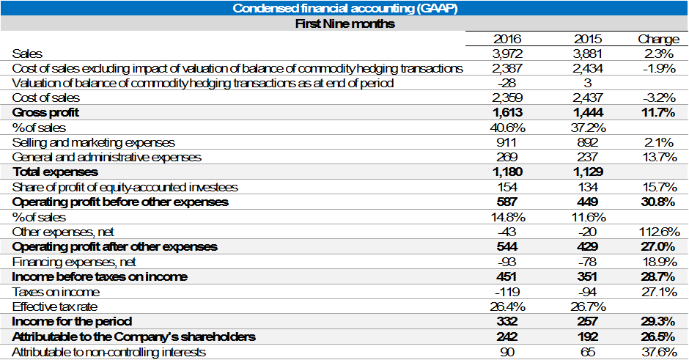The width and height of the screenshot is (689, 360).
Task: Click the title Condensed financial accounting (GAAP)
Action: click(x=344, y=8)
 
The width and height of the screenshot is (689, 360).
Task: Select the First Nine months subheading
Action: click(x=344, y=23)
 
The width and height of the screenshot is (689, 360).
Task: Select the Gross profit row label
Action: click(x=45, y=113)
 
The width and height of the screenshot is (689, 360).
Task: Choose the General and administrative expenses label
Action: click(x=107, y=157)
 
